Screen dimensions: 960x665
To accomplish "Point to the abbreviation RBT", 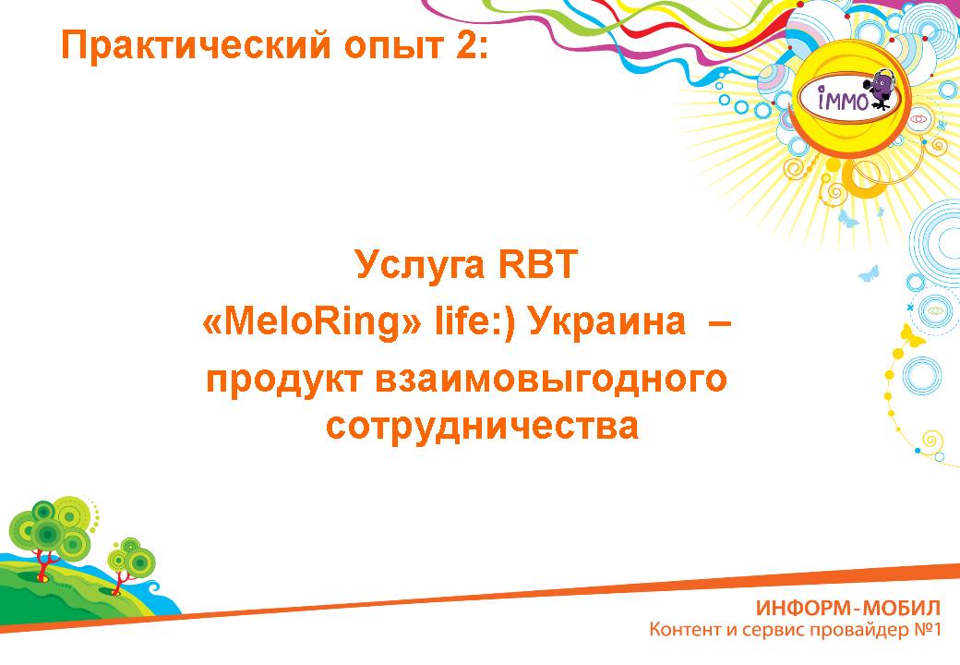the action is [537, 264].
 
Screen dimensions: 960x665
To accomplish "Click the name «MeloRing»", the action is [312, 322].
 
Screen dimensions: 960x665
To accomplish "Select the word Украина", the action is [606, 322].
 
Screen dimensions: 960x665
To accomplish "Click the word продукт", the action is [283, 379].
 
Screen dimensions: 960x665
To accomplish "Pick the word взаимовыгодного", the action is [551, 379].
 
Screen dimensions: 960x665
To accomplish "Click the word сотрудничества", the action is [483, 426].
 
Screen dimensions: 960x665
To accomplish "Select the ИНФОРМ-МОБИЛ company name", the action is [848, 608].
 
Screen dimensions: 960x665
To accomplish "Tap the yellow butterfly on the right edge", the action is [912, 336].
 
